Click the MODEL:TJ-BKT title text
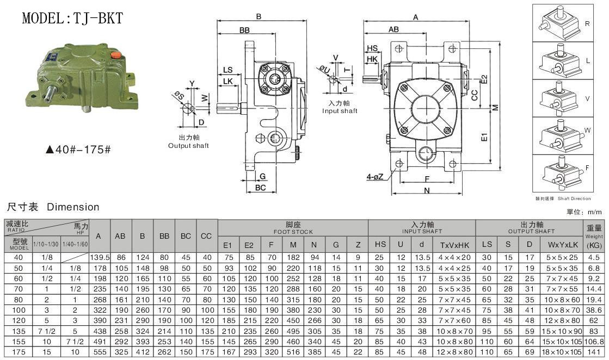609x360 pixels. click(72, 18)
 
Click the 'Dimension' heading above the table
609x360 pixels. click(73, 207)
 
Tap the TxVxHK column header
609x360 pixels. click(453, 246)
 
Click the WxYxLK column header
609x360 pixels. click(561, 246)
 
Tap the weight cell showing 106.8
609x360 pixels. click(594, 342)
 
